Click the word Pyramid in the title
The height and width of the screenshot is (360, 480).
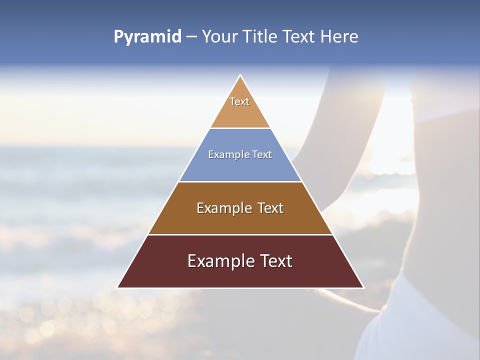147,37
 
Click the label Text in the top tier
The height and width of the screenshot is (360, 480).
239,101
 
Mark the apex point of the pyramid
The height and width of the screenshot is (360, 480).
240,76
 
